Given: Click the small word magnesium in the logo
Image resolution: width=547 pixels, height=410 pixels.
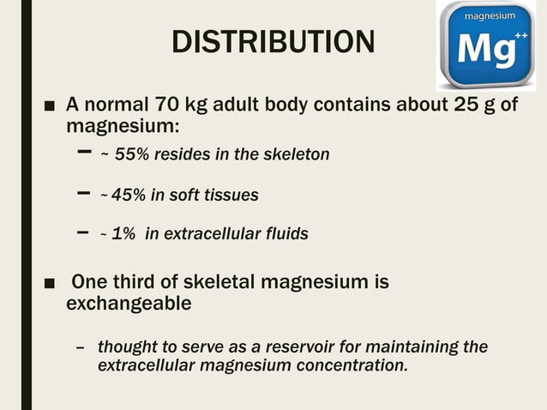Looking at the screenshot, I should coord(489,17).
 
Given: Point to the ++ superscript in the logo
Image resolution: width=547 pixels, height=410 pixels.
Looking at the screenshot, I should coord(519,39).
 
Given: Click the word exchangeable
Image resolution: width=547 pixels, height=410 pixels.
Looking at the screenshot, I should coord(129,304).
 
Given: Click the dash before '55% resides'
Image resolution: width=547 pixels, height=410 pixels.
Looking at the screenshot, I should coord(83,152).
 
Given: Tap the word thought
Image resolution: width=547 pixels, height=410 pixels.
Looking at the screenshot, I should coord(126,347).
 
